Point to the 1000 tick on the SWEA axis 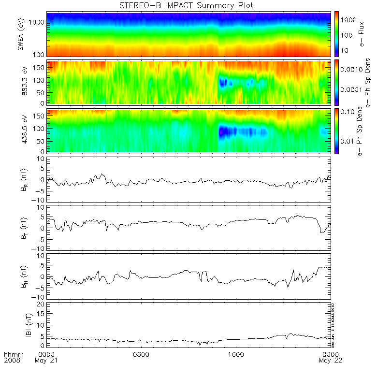tap(39, 23)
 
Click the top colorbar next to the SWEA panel tap(336, 34)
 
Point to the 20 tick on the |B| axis tap(43, 304)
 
